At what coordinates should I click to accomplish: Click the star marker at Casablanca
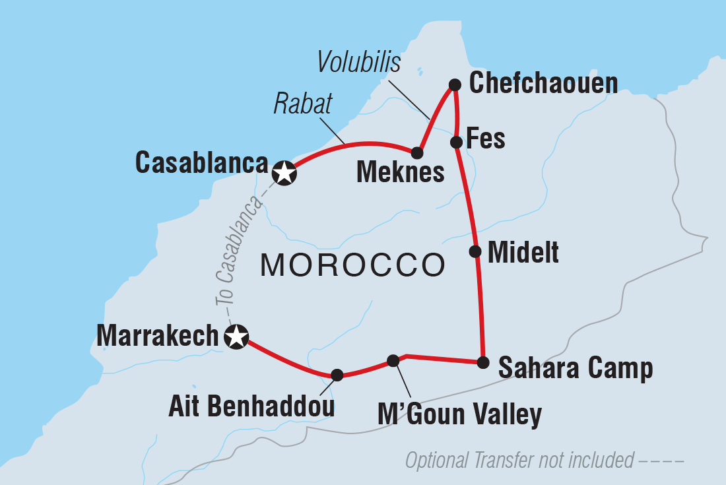[284, 174]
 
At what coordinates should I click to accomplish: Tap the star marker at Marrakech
[236, 337]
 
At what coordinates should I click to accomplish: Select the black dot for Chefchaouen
[455, 84]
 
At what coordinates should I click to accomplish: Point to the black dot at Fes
[455, 142]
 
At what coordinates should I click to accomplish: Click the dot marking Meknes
[417, 153]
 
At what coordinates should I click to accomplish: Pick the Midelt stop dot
[475, 251]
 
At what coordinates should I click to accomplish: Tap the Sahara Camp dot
[483, 362]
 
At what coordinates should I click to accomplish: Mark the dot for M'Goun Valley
[393, 360]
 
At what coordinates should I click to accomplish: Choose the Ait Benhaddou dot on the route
[337, 375]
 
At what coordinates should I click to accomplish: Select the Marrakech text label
[157, 336]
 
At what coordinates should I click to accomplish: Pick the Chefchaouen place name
[543, 84]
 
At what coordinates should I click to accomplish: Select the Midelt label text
[523, 252]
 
